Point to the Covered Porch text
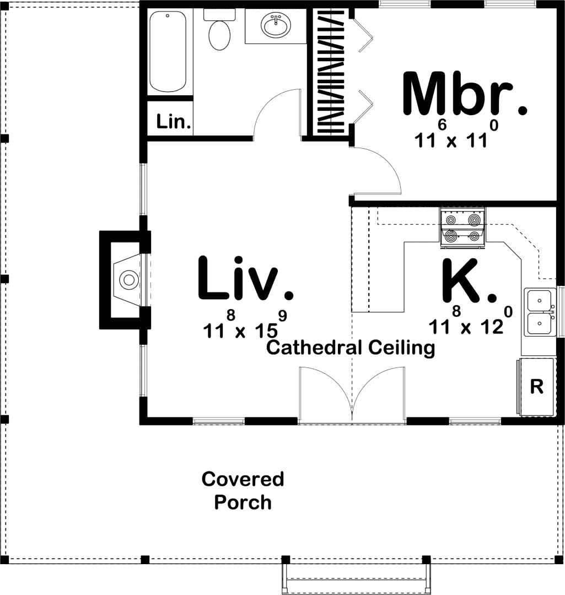[x=243, y=490]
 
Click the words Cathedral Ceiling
[x=351, y=348]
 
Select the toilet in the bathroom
[x=219, y=30]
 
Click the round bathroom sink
[x=275, y=25]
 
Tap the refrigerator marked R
[x=536, y=387]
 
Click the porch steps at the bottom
[x=356, y=578]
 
